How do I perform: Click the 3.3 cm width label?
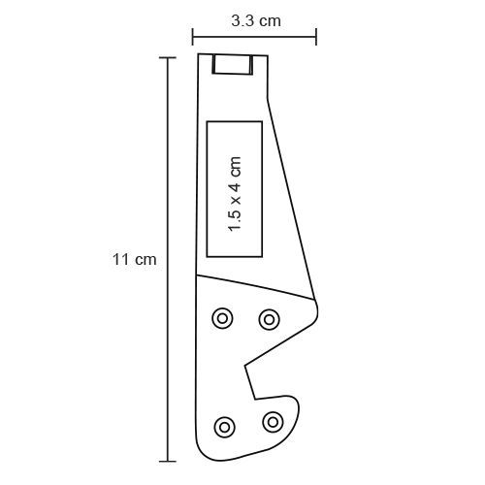(256, 21)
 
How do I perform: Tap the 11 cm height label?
(135, 260)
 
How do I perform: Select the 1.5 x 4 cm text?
(235, 194)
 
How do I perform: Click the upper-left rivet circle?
(222, 318)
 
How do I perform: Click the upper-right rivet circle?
(269, 319)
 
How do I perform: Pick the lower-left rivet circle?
(224, 427)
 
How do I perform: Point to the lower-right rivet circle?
(273, 422)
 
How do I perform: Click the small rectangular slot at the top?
(233, 64)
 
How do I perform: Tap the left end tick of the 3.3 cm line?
(193, 37)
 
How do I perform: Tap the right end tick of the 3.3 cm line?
(316, 37)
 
